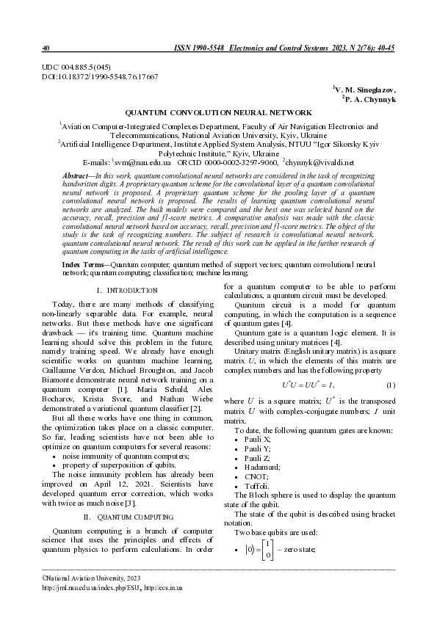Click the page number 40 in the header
pos(46,48)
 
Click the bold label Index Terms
pos(80,262)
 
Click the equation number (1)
pos(391,385)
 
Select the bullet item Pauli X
pos(253,438)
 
